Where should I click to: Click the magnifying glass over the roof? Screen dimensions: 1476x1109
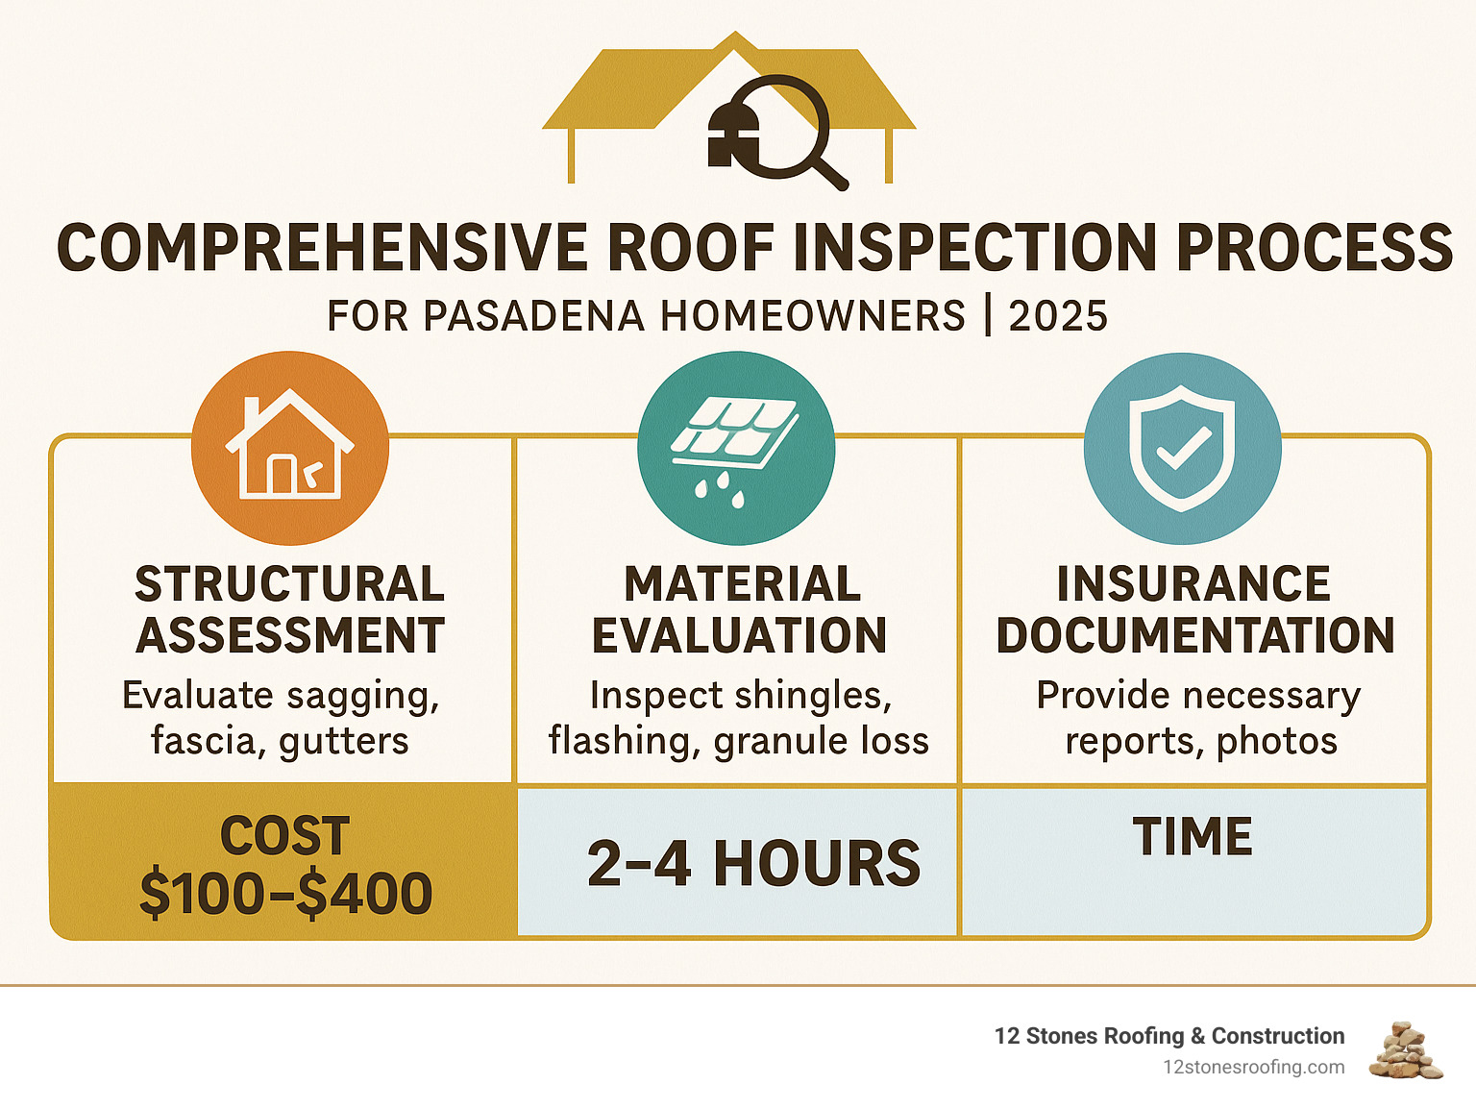pyautogui.click(x=780, y=128)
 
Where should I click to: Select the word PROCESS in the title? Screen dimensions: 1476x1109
pyautogui.click(x=1315, y=247)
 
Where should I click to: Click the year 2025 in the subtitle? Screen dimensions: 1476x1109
pyautogui.click(x=1058, y=315)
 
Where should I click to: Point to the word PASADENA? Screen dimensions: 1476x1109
pyautogui.click(x=534, y=315)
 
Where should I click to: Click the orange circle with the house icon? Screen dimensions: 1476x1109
pyautogui.click(x=290, y=448)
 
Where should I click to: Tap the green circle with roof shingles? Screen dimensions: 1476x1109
pyautogui.click(x=736, y=448)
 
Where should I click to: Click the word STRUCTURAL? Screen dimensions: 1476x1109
pyautogui.click(x=290, y=583)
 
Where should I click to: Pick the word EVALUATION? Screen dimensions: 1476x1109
pyautogui.click(x=740, y=635)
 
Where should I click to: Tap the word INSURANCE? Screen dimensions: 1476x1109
pyautogui.click(x=1193, y=583)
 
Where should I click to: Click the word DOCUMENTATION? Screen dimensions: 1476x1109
pyautogui.click(x=1195, y=635)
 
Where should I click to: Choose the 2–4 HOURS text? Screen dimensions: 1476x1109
pyautogui.click(x=753, y=863)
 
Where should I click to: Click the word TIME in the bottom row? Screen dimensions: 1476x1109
pyautogui.click(x=1193, y=836)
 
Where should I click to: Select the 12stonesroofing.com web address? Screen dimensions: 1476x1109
pyautogui.click(x=1254, y=1068)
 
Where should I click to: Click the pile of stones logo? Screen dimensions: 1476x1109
pyautogui.click(x=1406, y=1050)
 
